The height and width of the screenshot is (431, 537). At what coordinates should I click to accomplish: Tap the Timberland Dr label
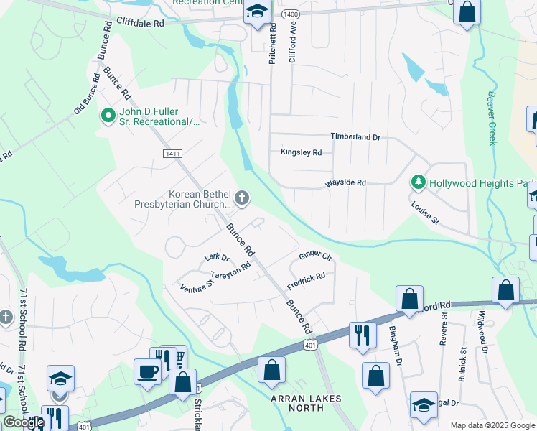[x=355, y=136]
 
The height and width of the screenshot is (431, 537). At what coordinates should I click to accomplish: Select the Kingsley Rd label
[x=301, y=152]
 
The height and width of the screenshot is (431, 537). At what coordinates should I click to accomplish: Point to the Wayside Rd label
[x=346, y=183]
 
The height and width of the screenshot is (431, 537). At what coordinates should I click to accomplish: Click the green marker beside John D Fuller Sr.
[x=108, y=115]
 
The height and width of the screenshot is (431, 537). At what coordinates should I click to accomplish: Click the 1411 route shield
[x=172, y=154]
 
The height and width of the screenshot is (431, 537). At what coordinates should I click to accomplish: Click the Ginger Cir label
[x=315, y=256]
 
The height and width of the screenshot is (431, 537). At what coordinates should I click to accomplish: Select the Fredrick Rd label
[x=307, y=276]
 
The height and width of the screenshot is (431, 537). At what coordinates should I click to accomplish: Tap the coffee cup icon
[x=147, y=371]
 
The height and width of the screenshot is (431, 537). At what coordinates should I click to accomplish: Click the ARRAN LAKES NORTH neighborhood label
[x=305, y=403]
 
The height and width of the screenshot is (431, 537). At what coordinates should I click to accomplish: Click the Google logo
[x=24, y=422]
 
